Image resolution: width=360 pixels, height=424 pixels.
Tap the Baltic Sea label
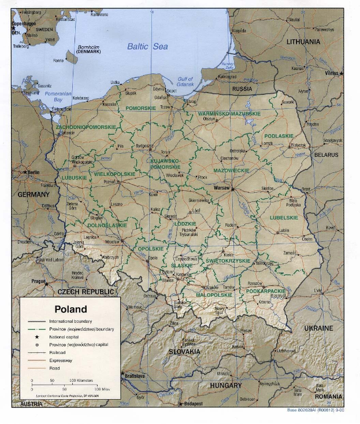147,46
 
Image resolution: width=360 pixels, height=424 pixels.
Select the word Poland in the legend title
70,309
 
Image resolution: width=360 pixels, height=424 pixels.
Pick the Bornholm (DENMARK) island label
80,49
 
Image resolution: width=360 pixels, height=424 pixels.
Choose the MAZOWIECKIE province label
231,171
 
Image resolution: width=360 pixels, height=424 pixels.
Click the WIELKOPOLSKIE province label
114,174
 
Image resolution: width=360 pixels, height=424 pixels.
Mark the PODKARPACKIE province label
265,291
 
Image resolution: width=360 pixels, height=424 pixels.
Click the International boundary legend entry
70,320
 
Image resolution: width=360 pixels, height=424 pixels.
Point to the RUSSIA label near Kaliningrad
242,89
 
